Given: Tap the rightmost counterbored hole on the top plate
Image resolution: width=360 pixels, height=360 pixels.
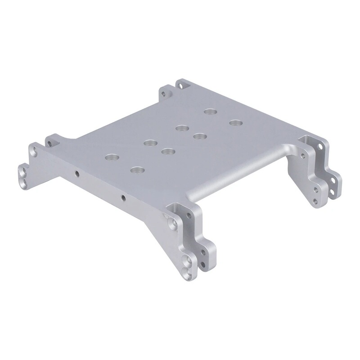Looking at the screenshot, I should (234, 122).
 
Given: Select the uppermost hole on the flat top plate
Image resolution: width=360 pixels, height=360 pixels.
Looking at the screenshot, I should (209, 112).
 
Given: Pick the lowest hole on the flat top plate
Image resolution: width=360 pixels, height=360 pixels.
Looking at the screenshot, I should (136, 170).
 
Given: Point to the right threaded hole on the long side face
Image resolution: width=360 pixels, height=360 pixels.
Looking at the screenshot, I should (123, 197).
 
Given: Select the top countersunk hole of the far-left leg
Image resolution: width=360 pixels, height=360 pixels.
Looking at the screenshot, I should (32, 152).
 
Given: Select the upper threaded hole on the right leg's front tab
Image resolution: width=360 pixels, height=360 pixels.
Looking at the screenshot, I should (302, 154).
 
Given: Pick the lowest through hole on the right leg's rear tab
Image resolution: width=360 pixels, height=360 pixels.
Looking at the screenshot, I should (332, 192).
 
